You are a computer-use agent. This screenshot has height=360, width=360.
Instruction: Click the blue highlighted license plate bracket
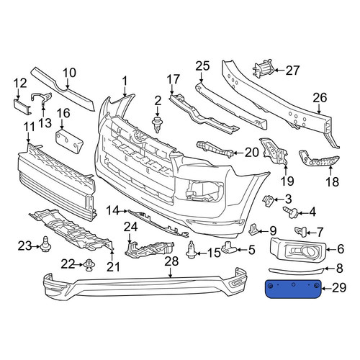pos(293,289)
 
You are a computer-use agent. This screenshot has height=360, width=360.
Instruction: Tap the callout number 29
pos(339,288)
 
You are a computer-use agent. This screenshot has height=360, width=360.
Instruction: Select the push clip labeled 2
pos(157,125)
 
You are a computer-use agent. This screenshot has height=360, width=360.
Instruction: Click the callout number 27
pos(293,71)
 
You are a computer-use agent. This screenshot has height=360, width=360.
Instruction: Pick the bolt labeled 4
pos(291,212)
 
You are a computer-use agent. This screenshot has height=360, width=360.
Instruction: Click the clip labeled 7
pos(300,231)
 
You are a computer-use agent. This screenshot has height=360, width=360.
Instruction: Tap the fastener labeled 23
pos(45,243)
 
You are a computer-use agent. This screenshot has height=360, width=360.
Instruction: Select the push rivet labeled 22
pos(90,265)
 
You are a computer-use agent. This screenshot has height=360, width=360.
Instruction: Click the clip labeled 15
pos(192,250)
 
